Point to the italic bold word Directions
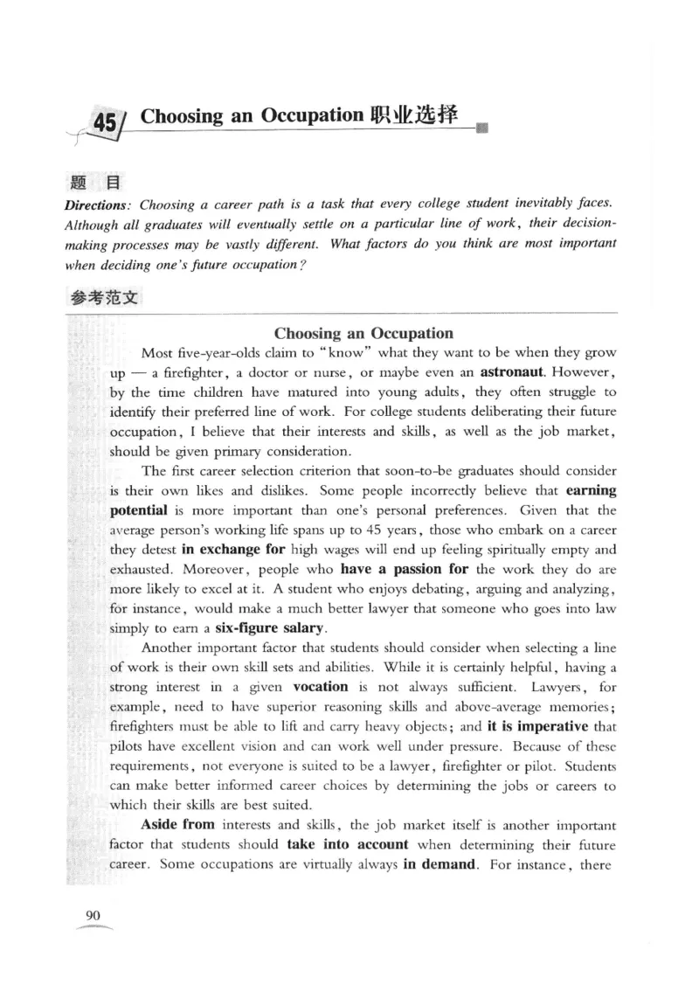pos(97,204)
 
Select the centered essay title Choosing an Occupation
pos(363,333)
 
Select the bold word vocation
pos(320,686)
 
